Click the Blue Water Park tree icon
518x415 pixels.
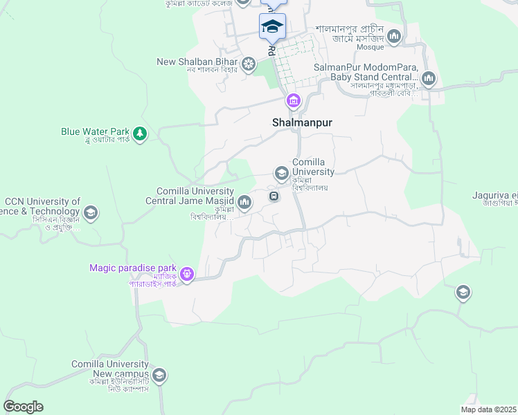coord(140,133)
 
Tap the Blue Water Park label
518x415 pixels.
coord(96,131)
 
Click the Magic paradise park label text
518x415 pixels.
coord(133,268)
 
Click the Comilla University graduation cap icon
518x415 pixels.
coord(281,173)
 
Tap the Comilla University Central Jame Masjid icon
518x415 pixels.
coord(244,202)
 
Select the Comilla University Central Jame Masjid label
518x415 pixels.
coord(190,196)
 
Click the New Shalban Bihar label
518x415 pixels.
coord(197,62)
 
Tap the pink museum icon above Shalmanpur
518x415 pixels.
coord(294,102)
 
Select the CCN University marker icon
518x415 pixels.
coord(90,212)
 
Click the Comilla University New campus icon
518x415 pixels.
coord(159,376)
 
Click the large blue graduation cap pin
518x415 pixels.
coord(272,27)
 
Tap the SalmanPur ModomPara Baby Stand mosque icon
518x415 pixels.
coord(429,78)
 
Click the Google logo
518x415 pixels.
coord(23,407)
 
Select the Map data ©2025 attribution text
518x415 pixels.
coord(488,409)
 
